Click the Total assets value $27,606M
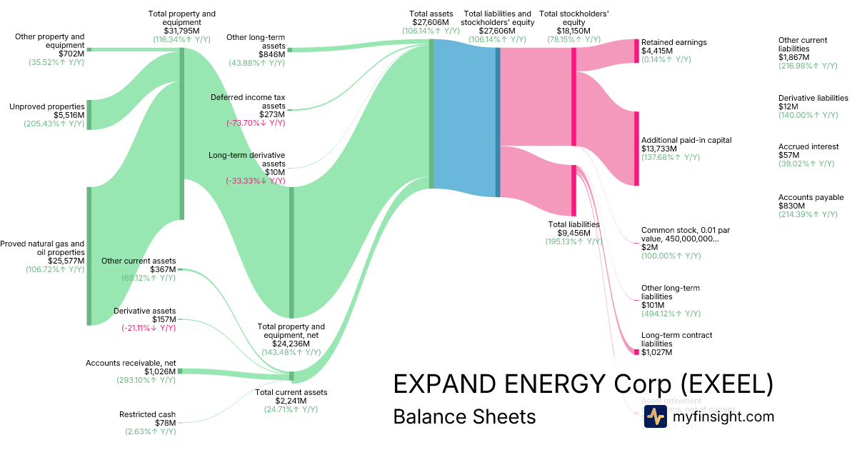pos(431,22)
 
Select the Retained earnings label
pos(673,42)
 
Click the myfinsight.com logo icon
pos(655,416)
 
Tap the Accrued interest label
pos(808,146)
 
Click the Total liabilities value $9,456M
pos(573,233)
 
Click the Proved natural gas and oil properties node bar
pos(89,256)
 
